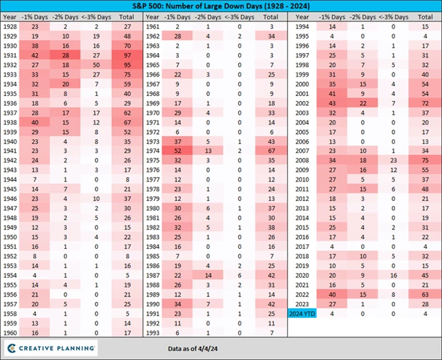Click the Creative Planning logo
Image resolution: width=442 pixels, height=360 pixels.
point(53,347)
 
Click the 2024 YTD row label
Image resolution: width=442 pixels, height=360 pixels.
point(301,313)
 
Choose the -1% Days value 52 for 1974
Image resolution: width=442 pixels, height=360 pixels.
point(178,150)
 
